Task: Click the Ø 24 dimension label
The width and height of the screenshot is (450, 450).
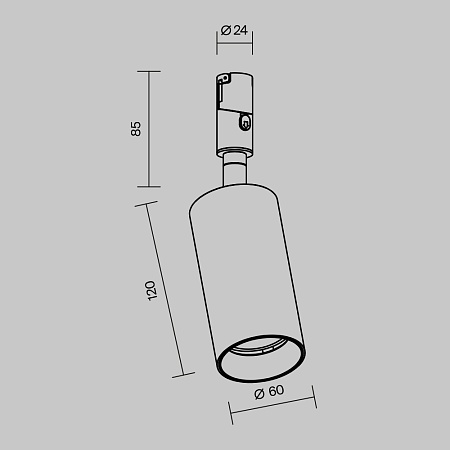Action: coord(234,31)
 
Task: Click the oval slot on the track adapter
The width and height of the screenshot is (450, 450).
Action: coord(245,122)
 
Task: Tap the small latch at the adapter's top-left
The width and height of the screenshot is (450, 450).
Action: coord(219,87)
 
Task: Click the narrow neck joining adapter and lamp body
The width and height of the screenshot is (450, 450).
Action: coord(233,169)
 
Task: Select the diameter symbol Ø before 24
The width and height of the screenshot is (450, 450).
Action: coord(226,31)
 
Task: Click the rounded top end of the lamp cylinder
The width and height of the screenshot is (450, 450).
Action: coord(235,188)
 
